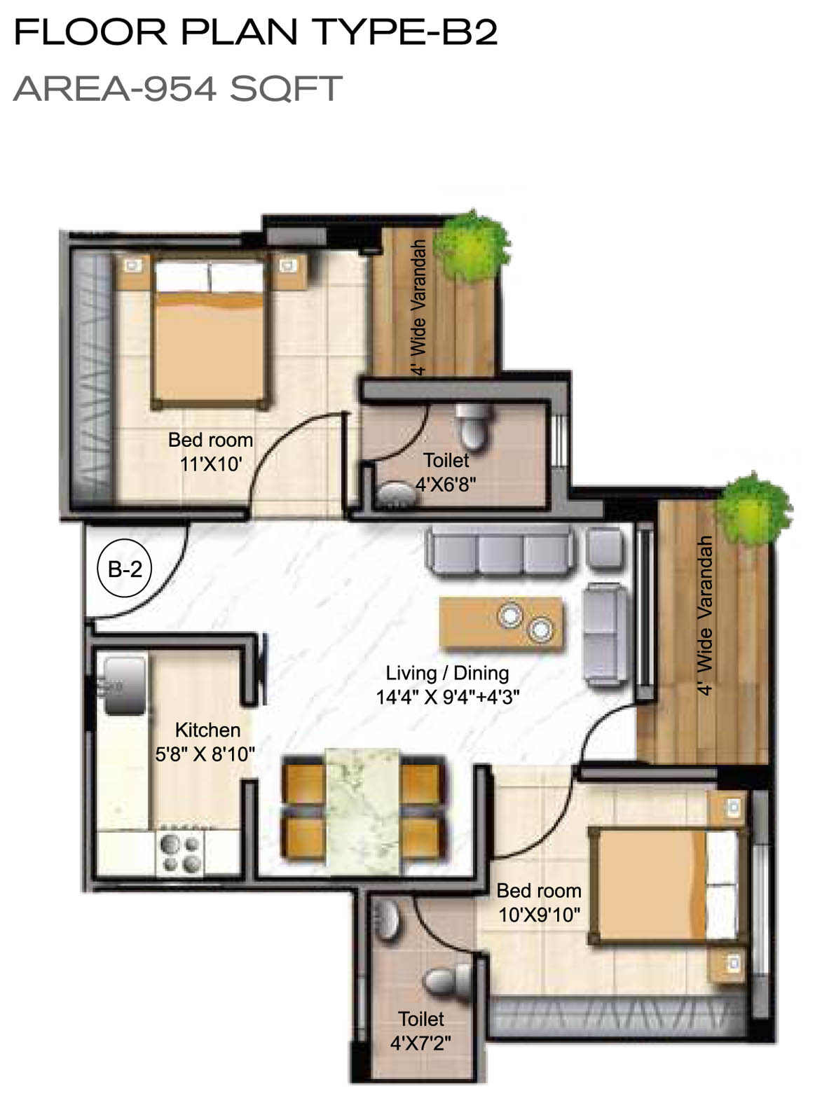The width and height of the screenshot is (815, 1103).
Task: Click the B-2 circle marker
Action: [125, 567]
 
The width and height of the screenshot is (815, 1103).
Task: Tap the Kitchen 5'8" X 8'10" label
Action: [205, 742]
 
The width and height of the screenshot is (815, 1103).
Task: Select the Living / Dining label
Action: [447, 673]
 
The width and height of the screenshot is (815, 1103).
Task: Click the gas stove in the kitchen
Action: [180, 852]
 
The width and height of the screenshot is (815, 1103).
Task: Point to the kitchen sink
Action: [124, 686]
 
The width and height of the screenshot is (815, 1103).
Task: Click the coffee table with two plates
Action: [502, 623]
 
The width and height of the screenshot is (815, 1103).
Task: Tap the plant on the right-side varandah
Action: [753, 510]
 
